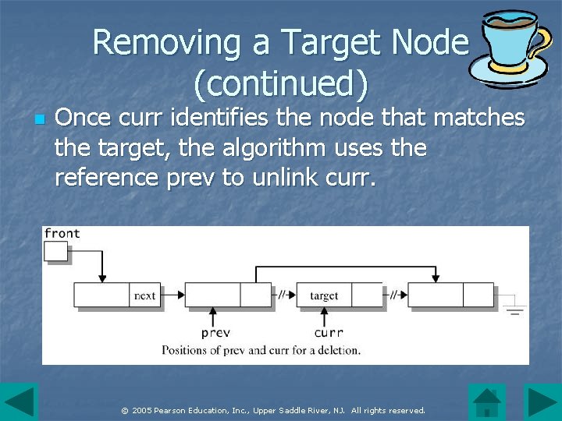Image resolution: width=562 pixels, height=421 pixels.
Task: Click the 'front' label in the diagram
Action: (62, 233)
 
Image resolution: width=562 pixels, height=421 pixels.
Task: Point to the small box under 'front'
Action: (56, 251)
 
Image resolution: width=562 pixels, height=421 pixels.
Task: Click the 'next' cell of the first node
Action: (145, 295)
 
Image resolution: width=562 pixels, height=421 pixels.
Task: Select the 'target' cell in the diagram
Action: (324, 295)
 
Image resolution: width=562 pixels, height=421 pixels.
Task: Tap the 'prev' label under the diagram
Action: (215, 333)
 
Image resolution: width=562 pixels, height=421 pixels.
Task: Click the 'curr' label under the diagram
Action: (328, 333)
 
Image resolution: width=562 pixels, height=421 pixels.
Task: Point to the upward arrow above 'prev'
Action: (214, 316)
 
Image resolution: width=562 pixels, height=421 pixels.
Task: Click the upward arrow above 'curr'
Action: (325, 316)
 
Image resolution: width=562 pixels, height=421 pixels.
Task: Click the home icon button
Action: (488, 402)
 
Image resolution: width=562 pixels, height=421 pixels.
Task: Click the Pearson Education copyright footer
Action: (274, 410)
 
